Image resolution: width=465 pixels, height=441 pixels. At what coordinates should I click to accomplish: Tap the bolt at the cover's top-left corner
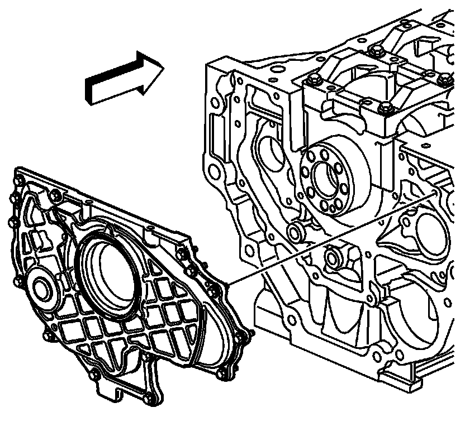click(17, 180)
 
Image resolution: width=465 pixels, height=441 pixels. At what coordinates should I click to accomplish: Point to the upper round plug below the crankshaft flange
click(295, 232)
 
